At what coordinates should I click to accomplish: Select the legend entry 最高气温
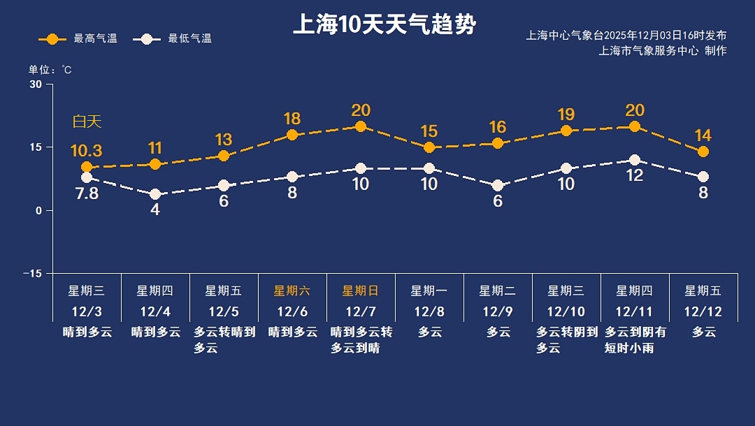78,38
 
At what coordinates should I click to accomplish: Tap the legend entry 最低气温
176,38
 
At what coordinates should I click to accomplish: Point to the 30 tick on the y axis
36,85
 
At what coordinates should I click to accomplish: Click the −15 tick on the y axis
33,273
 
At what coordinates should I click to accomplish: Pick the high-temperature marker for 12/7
361,126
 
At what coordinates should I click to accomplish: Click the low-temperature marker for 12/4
155,194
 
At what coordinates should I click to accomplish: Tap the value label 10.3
87,151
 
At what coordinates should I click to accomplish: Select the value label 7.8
87,193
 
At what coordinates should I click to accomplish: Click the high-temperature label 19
566,115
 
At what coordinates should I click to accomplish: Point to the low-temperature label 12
635,176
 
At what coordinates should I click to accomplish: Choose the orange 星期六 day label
292,291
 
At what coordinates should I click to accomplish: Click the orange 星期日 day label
361,291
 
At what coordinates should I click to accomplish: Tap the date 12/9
498,311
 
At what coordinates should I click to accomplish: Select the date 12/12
703,311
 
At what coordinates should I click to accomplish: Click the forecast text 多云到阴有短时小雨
635,340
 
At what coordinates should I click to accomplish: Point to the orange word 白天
87,122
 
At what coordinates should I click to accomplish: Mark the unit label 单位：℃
50,70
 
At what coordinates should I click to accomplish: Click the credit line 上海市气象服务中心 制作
663,50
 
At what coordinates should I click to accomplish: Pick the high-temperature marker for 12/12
703,152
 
